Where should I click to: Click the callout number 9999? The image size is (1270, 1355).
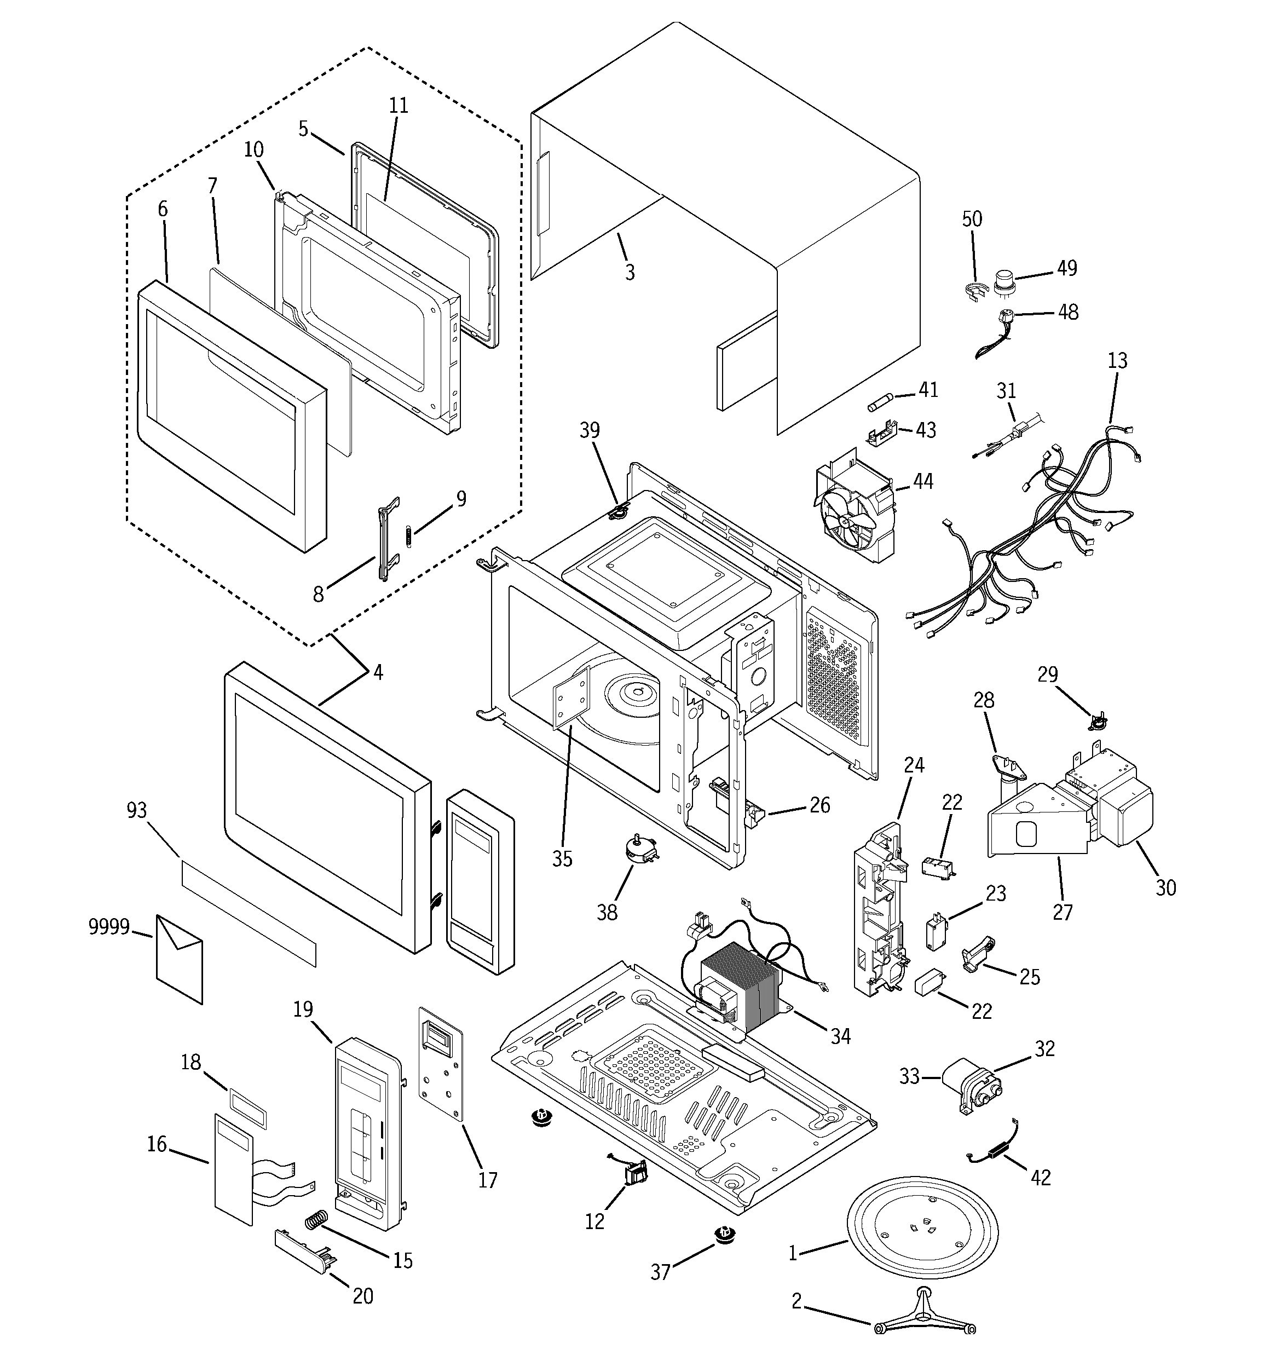point(108,927)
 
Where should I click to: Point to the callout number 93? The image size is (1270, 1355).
point(137,810)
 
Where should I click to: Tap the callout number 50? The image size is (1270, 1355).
point(972,219)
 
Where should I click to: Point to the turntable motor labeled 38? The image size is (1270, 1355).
point(639,852)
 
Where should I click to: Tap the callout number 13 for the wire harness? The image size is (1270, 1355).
point(1117,360)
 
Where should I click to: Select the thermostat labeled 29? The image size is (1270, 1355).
point(1098,721)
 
